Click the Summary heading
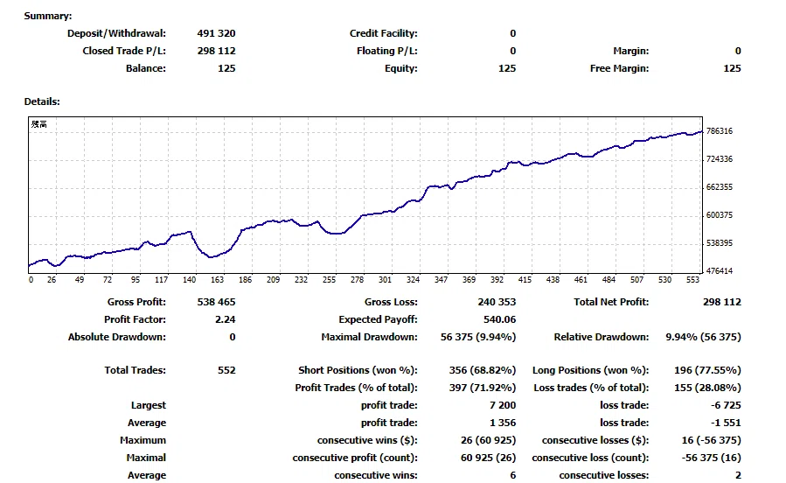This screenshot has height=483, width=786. click(48, 16)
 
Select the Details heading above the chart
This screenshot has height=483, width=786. click(42, 101)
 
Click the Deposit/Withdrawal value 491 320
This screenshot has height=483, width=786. click(216, 33)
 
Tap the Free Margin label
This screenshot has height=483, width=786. click(620, 69)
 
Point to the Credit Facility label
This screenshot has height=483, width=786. click(384, 33)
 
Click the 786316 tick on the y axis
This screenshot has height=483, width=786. click(720, 131)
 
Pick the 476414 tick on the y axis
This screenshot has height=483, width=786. click(720, 271)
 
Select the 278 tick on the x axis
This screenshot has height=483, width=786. click(357, 280)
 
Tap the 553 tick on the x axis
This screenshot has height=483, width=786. click(692, 280)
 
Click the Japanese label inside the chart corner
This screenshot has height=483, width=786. click(39, 124)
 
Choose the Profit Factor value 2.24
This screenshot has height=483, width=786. click(225, 319)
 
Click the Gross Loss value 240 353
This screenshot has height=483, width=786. click(497, 302)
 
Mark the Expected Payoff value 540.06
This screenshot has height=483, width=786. click(500, 319)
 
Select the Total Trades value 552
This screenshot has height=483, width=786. click(226, 370)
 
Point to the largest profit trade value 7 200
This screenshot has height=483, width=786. click(503, 405)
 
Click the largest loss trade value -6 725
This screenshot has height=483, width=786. click(726, 405)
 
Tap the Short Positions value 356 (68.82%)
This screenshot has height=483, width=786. click(483, 370)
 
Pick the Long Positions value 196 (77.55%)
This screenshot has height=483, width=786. click(707, 370)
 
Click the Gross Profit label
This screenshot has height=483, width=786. click(136, 302)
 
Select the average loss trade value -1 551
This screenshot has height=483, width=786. click(726, 423)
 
